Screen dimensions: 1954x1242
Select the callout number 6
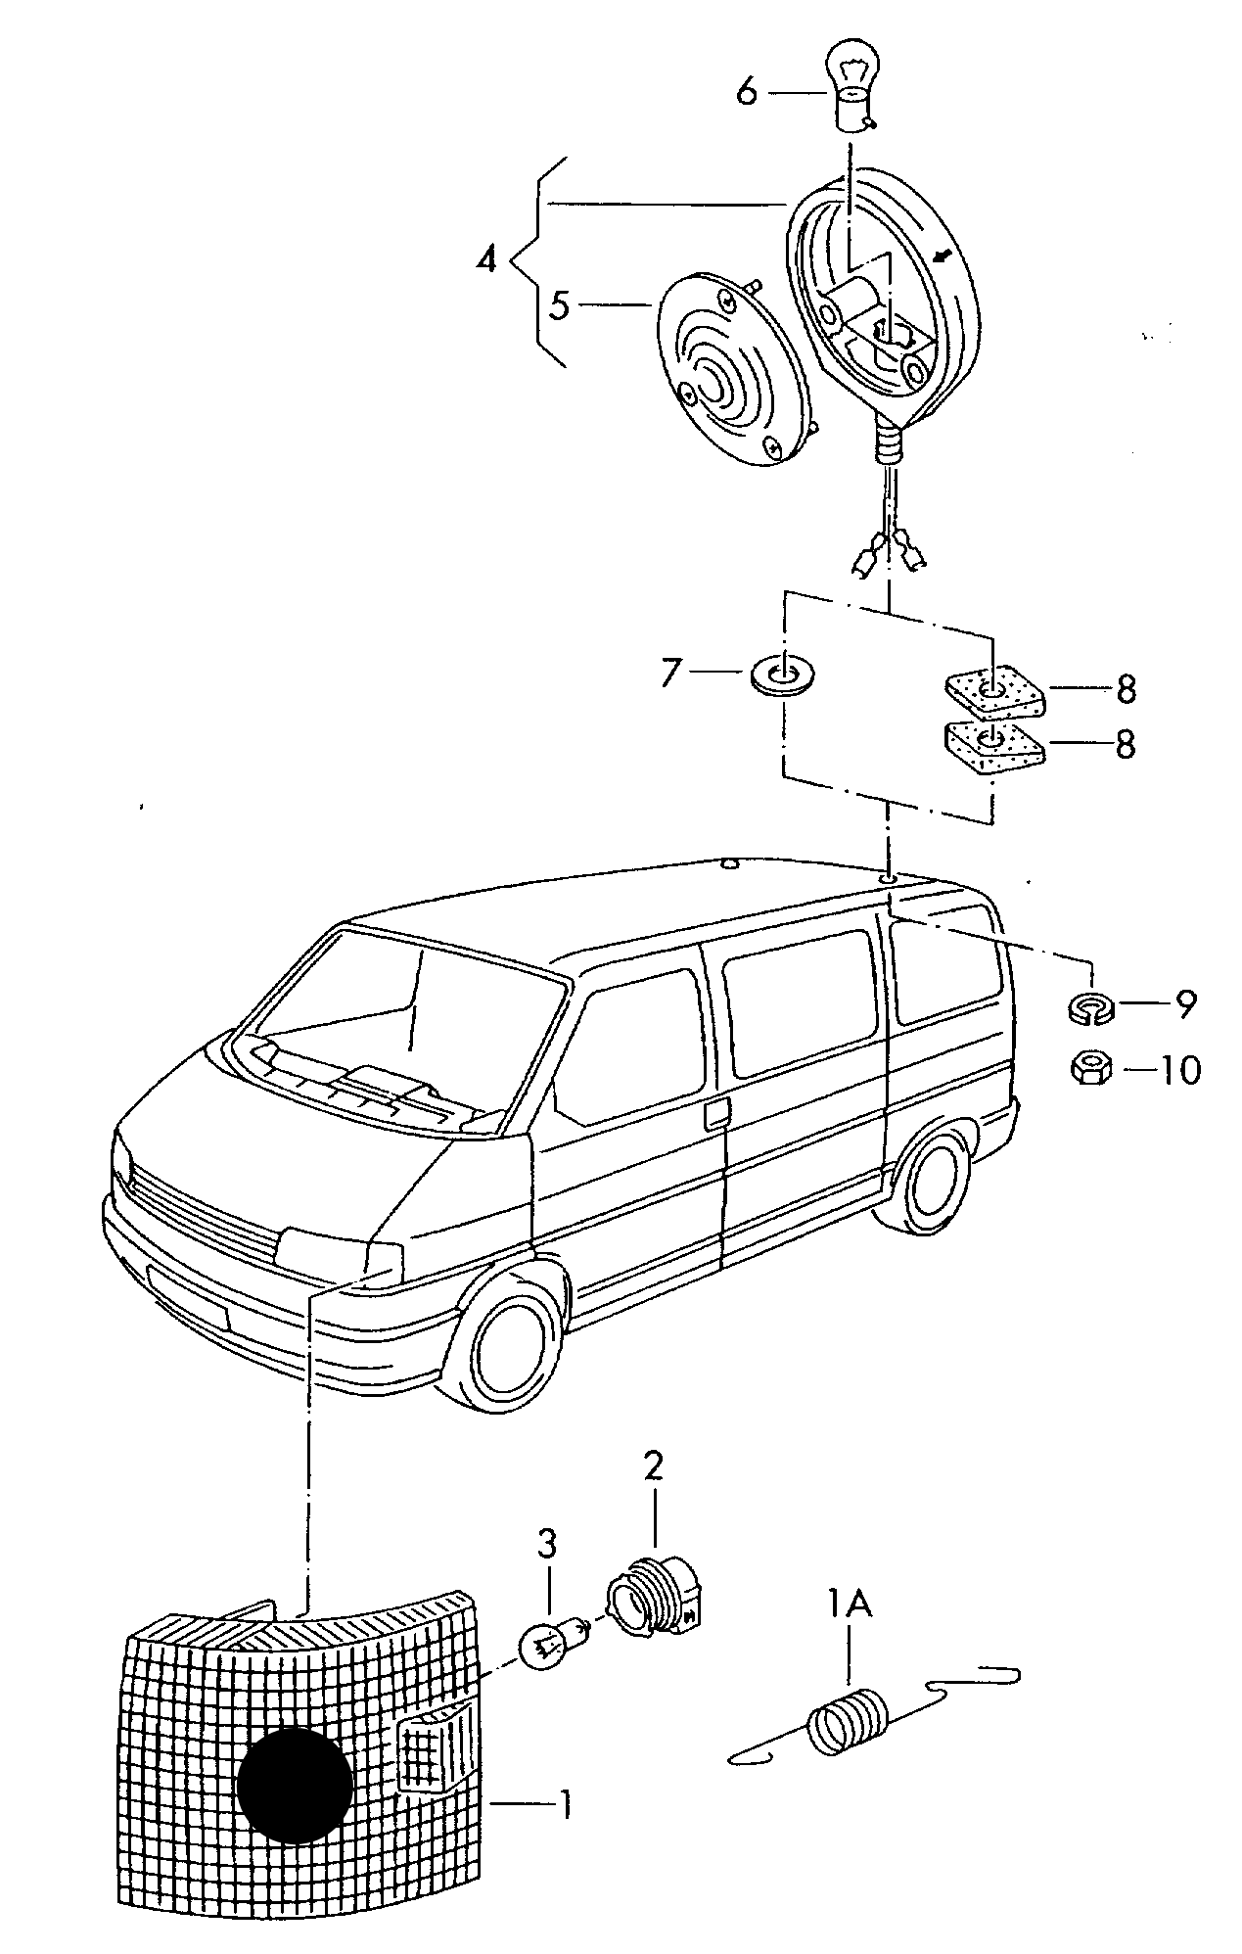(x=747, y=92)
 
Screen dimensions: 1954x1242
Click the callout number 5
(x=559, y=305)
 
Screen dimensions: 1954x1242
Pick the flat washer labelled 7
(x=785, y=675)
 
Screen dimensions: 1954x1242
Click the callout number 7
(x=669, y=673)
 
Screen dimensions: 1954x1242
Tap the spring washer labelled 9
(x=1089, y=1006)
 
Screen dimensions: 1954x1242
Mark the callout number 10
(x=1178, y=1070)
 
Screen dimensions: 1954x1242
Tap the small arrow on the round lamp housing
(x=943, y=257)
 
